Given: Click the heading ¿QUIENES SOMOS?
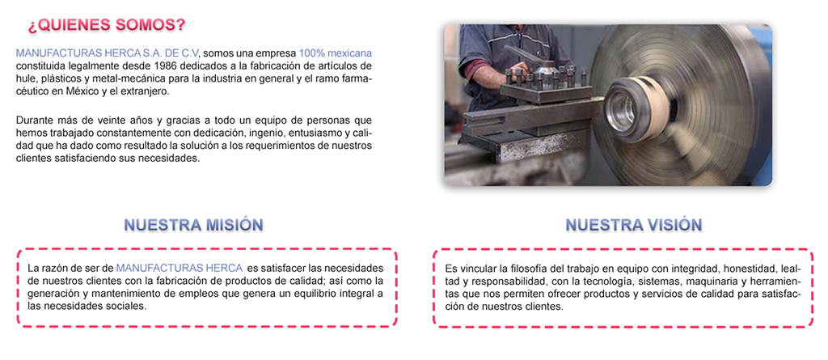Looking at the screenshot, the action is [107, 25].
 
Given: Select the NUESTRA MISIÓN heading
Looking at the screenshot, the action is [193, 225].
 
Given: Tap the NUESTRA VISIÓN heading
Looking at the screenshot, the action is [634, 225].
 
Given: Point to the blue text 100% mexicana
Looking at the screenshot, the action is [336, 53].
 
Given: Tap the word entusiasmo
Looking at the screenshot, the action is [307, 133].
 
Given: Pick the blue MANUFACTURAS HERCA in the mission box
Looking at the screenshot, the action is [180, 268].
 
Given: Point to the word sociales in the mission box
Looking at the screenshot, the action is [127, 306].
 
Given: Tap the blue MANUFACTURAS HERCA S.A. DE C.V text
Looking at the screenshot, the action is [108, 53].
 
